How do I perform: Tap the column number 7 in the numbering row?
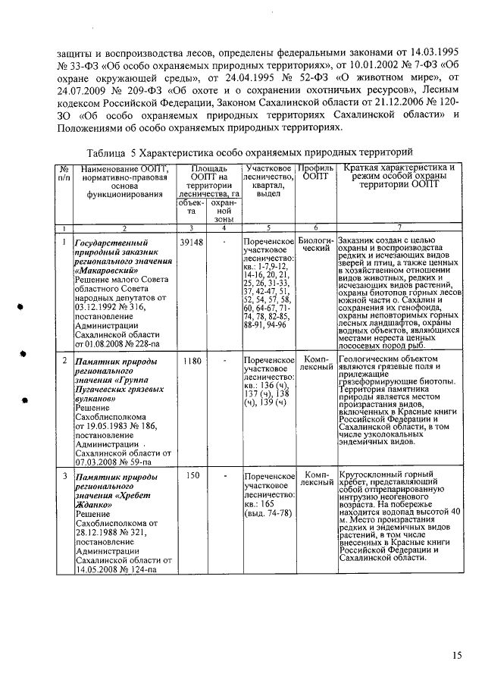coord(399,227)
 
